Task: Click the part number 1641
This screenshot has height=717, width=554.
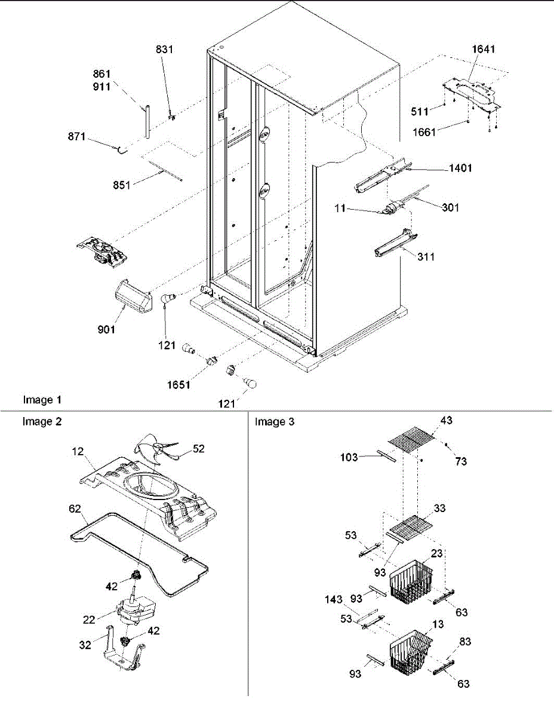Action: (484, 50)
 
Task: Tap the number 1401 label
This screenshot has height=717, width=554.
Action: (460, 168)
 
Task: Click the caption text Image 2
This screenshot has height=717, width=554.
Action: (42, 421)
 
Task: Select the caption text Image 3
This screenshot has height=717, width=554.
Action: (274, 422)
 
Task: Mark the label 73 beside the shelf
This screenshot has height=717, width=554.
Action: (460, 461)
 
